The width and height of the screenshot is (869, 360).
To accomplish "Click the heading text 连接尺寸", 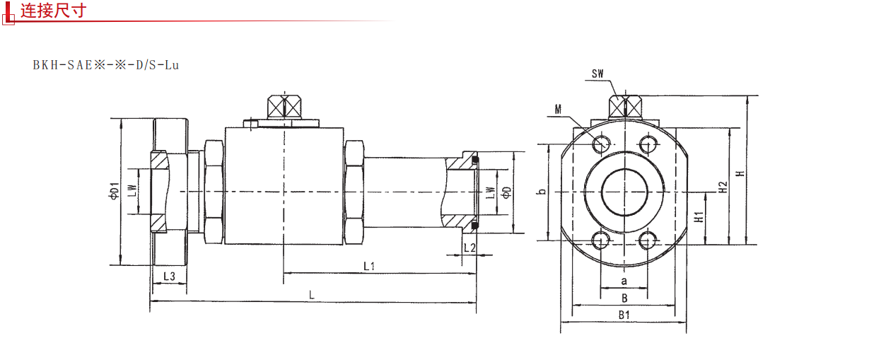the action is coord(53,11).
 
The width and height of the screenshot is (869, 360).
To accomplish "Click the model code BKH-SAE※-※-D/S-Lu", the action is coord(106,65).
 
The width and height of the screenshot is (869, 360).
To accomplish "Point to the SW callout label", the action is coord(597,74).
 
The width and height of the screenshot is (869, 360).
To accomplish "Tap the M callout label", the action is coord(558,110).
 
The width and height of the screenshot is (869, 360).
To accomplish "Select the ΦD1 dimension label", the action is coord(114,190).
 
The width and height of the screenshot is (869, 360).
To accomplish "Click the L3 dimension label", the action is coord(169,277).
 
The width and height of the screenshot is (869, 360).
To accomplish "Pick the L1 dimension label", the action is coord(369,266).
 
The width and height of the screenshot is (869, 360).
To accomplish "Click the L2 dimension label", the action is coord(470,248).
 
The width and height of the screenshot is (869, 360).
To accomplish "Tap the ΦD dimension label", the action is coord(507,192).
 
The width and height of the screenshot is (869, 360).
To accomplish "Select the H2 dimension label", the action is coord(723,187).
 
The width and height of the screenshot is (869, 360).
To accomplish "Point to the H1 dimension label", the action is coord(699,217).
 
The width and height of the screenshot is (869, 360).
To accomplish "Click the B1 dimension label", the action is coord(624,315).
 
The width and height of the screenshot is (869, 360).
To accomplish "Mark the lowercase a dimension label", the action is coord(624,281).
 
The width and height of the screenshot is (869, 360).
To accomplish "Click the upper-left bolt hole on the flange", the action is coord(601,144).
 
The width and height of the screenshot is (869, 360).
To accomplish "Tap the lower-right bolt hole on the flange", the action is coord(647,240).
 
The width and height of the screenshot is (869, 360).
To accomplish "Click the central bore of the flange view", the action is coord(624,192).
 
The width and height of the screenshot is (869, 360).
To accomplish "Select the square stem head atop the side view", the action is coord(284,106).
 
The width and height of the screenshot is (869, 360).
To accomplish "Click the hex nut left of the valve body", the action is coord(214,192).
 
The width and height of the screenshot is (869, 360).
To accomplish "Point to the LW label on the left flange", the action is coord(133,190).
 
